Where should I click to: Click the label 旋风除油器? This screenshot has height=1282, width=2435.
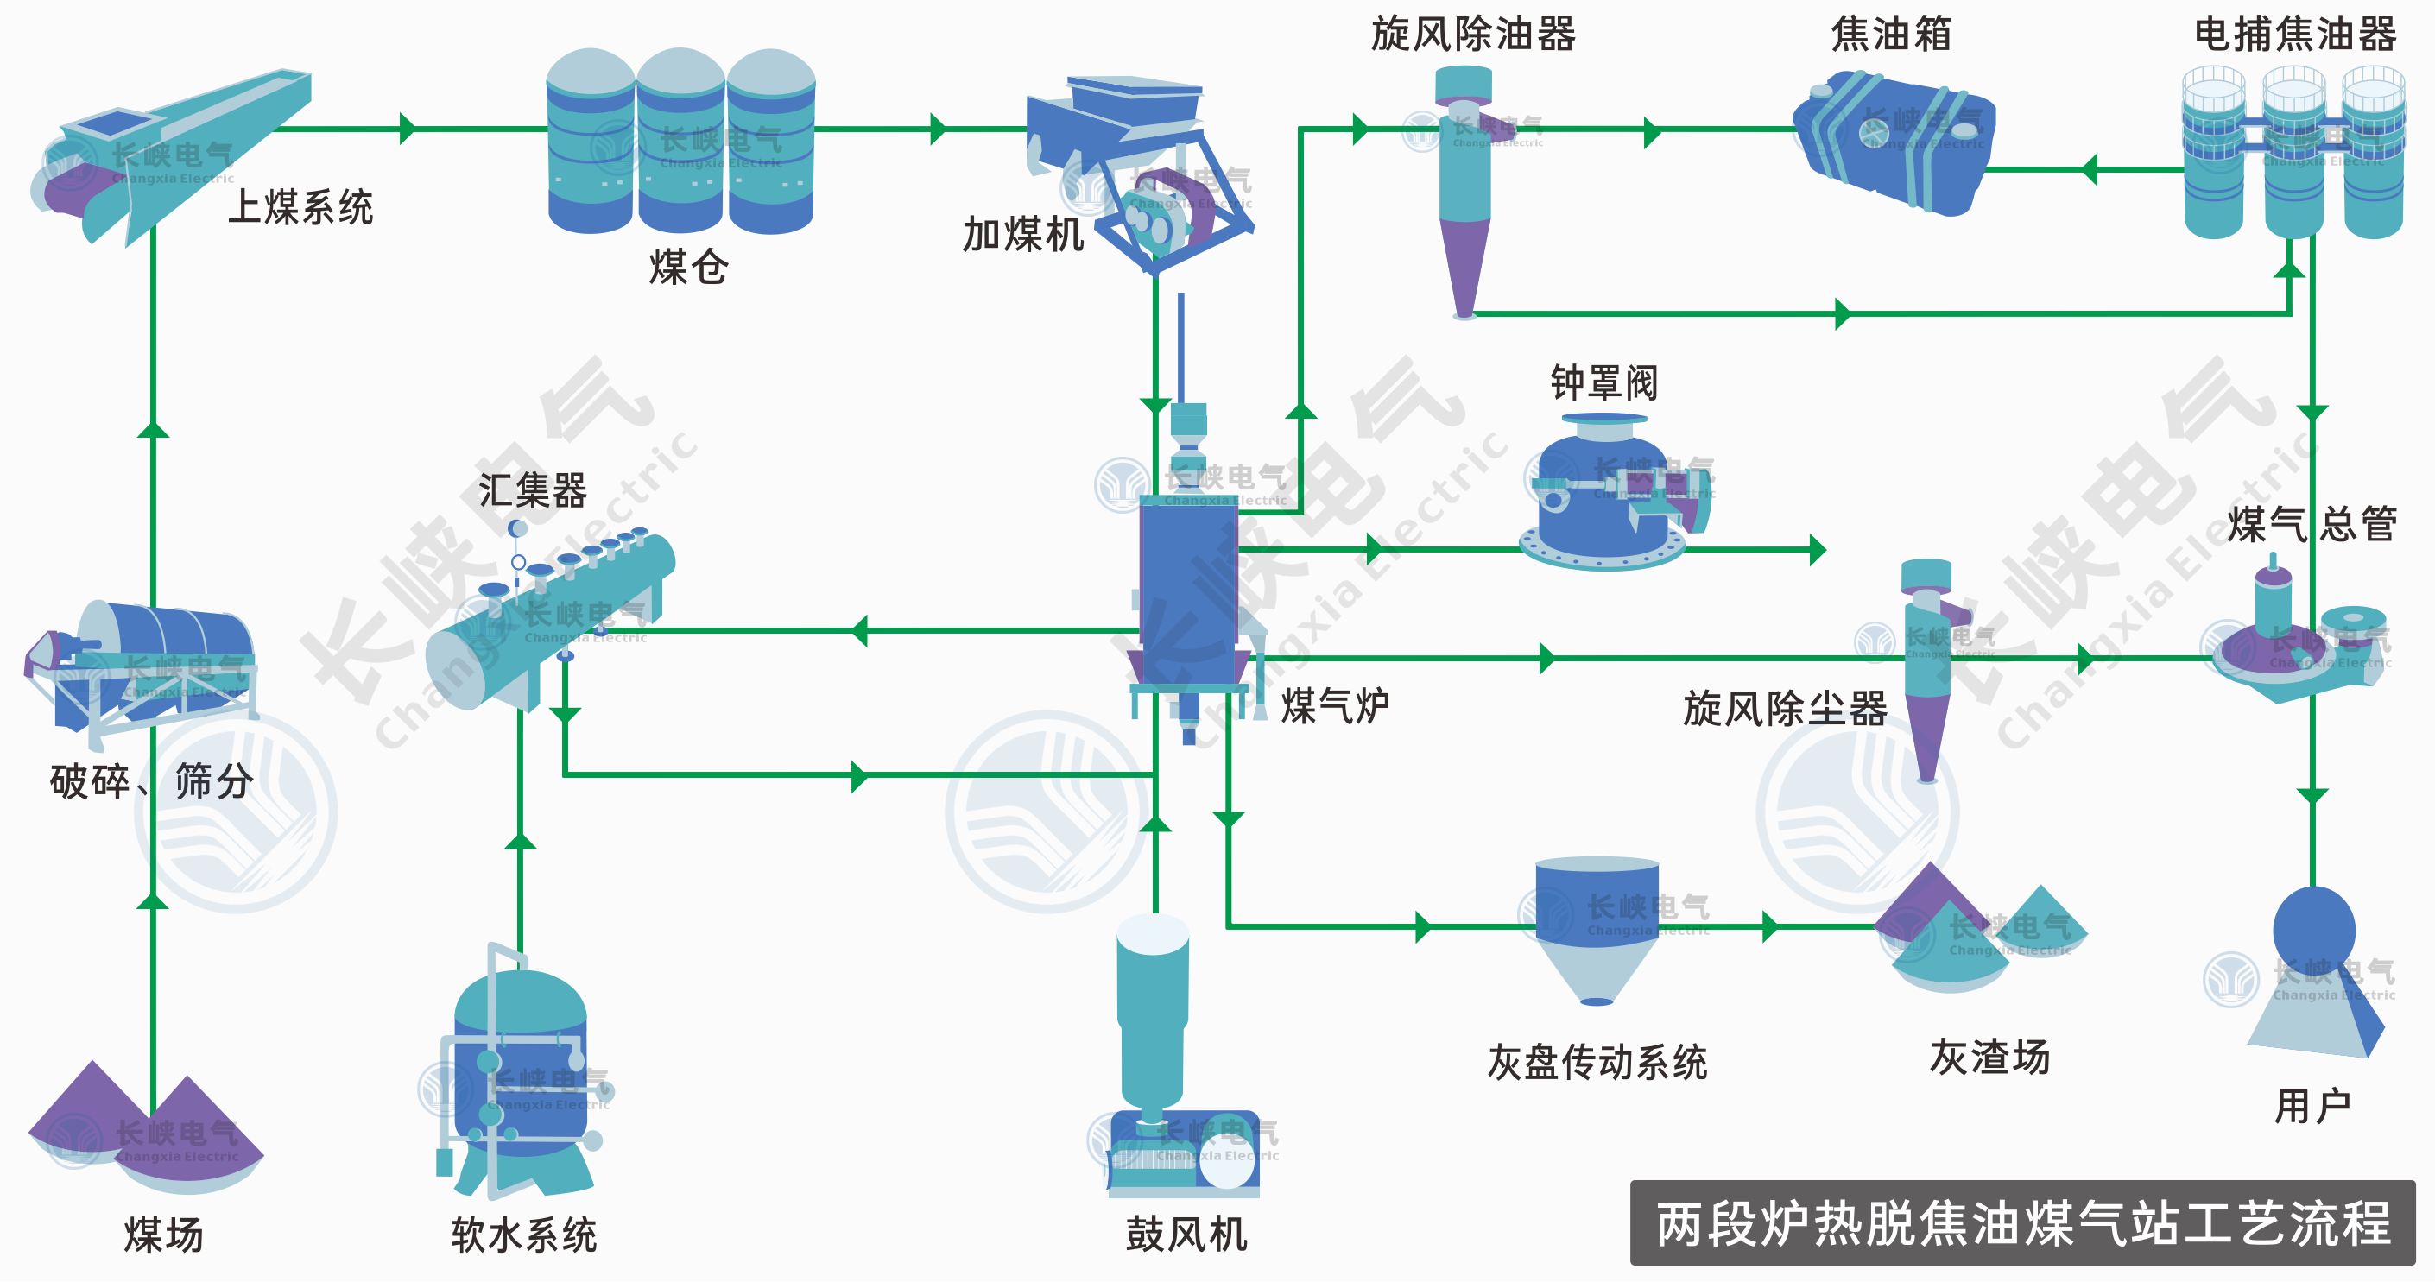(x=1473, y=34)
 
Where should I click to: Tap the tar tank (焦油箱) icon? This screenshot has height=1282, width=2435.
(x=1895, y=142)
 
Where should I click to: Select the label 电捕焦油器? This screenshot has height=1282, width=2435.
(x=2294, y=34)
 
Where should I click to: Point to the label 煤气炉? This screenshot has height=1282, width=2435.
(x=1335, y=705)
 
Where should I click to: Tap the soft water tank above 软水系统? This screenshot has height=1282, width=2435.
(x=520, y=1068)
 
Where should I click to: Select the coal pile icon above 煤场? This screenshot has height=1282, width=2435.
(x=147, y=1129)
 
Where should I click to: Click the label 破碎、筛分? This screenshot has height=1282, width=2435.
(x=151, y=781)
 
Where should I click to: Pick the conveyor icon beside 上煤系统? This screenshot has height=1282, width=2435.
(x=170, y=151)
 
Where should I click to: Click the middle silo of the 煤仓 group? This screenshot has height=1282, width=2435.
(x=680, y=142)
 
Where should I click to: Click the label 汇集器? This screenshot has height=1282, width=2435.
(x=532, y=490)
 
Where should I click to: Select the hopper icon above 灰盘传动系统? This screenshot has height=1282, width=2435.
(x=1597, y=925)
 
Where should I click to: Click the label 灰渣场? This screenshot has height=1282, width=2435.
(x=1989, y=1056)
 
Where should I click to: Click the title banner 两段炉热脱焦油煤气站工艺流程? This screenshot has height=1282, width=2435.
(x=2022, y=1223)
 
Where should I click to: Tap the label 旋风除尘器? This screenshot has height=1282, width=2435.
(x=1785, y=708)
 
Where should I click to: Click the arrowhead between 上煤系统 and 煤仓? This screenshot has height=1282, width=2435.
(x=408, y=129)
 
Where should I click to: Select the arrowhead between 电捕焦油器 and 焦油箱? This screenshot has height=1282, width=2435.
(x=2090, y=170)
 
